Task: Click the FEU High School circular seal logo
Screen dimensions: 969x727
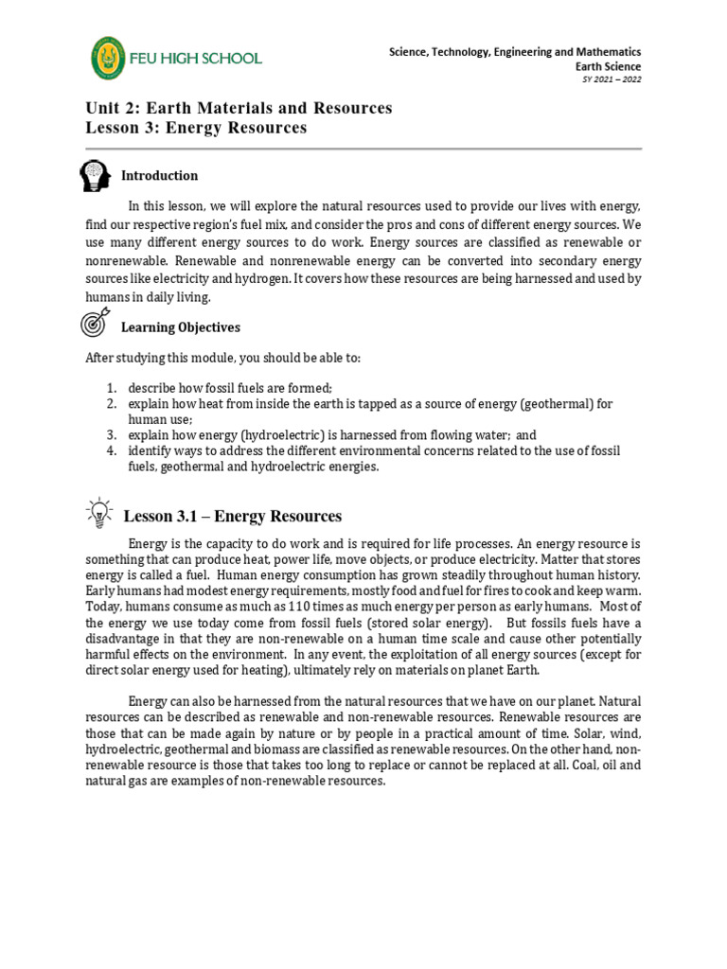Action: (112, 59)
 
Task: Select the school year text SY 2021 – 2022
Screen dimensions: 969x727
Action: (612, 79)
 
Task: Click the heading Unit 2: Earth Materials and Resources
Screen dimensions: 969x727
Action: (239, 108)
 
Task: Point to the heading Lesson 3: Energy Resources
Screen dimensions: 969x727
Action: (196, 128)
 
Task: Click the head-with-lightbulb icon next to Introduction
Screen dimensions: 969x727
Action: (97, 175)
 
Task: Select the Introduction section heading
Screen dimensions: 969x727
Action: (159, 176)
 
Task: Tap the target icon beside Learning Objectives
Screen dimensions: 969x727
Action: (97, 325)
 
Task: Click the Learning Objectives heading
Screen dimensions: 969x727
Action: (180, 327)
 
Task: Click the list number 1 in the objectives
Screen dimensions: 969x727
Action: (110, 389)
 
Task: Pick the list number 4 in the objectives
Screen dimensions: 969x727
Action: (110, 451)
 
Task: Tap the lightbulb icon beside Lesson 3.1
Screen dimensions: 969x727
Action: (98, 513)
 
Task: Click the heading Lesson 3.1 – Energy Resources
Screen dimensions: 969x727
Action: (232, 517)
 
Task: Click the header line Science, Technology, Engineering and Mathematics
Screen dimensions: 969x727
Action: (515, 52)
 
